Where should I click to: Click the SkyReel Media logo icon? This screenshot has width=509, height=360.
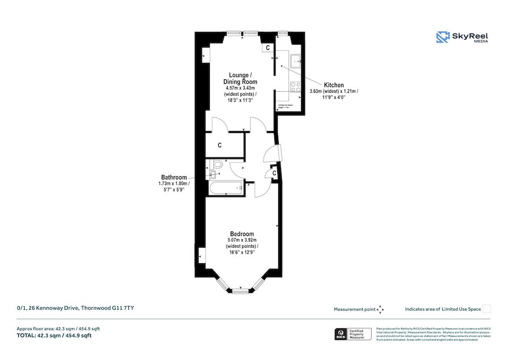442,37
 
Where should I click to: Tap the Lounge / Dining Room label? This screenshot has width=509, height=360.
240,79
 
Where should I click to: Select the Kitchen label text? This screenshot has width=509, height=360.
333,85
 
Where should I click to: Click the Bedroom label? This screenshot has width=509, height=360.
241,234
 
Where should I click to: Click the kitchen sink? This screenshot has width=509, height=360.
296,59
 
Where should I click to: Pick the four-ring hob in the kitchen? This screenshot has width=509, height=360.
295,86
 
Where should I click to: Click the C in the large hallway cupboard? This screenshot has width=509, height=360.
219,145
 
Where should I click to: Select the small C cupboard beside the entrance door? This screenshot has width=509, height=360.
274,173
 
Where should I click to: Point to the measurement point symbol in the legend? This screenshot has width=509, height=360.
380,309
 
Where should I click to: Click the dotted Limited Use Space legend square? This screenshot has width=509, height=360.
486,308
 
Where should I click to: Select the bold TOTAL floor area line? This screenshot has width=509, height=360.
54,336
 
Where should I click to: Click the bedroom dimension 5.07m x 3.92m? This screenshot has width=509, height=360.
241,241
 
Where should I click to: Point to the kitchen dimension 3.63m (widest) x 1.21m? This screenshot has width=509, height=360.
334,91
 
